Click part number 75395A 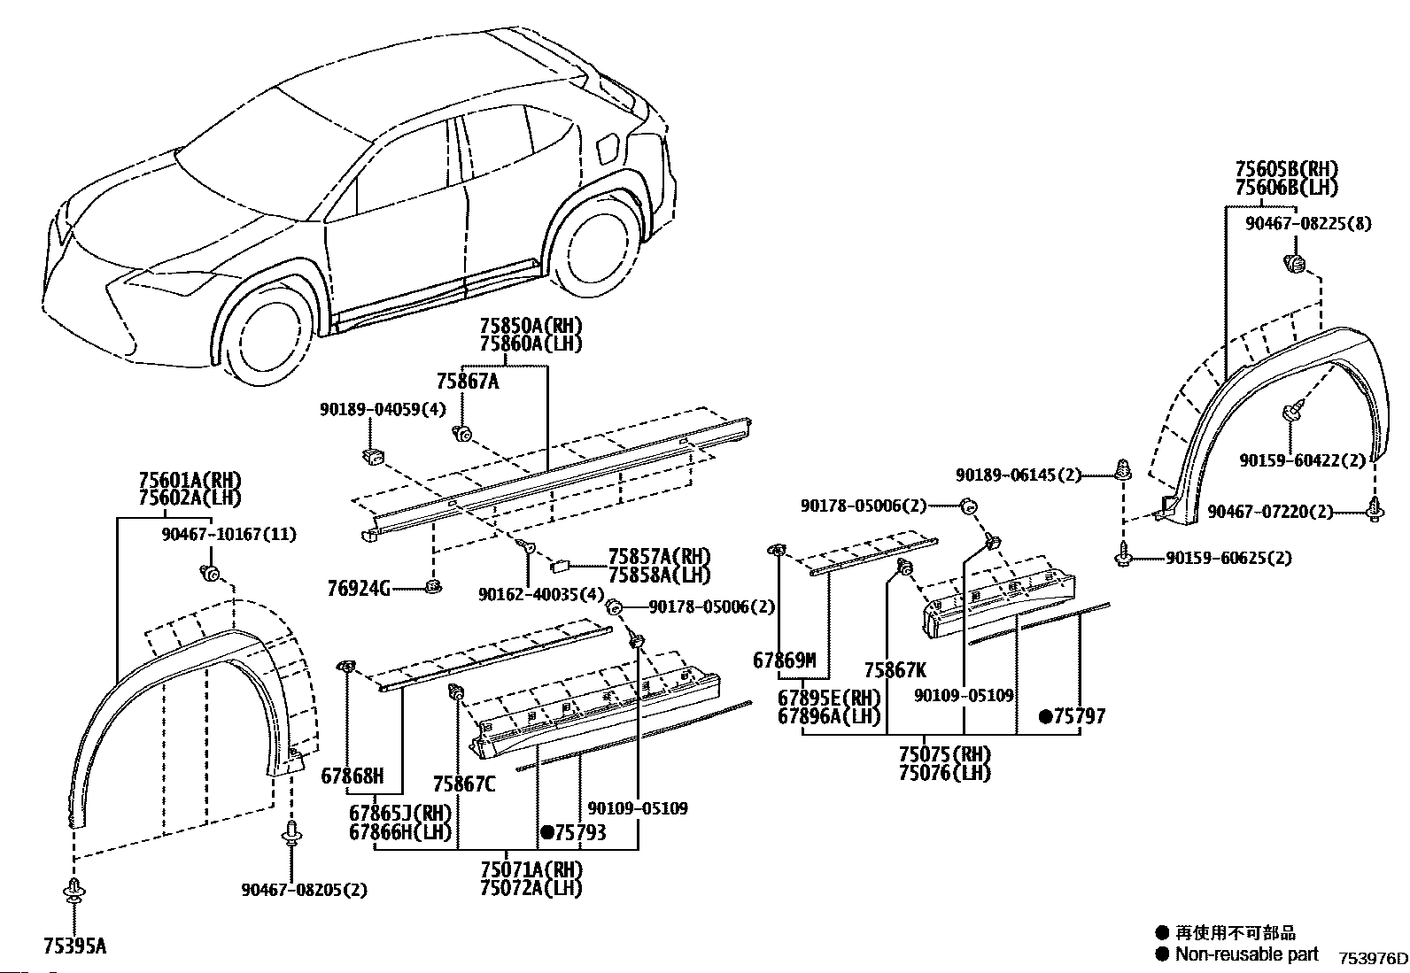click(x=75, y=946)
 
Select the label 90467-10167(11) click(x=229, y=535)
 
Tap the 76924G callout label click(x=358, y=589)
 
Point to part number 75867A click(x=468, y=381)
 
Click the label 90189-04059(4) click(x=383, y=409)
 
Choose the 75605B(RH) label click(x=1287, y=169)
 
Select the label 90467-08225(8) click(x=1309, y=223)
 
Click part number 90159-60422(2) click(x=1303, y=460)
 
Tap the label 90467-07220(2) click(x=1270, y=512)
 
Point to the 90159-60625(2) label click(x=1228, y=558)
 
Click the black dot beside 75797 click(x=1045, y=716)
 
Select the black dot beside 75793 click(x=547, y=832)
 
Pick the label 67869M click(x=785, y=660)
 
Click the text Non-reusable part click(x=1246, y=954)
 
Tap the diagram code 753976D click(x=1372, y=959)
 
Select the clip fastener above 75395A click(x=74, y=890)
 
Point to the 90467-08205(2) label click(x=304, y=890)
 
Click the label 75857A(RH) click(x=659, y=556)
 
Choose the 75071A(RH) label click(x=531, y=869)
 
